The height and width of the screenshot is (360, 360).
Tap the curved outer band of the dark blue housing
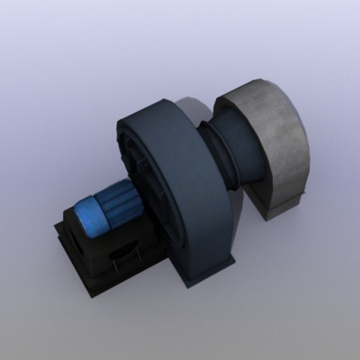tap(193, 187)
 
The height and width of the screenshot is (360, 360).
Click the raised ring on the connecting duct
tap(218, 153)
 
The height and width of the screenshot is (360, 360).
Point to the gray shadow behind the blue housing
tap(193, 107)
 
